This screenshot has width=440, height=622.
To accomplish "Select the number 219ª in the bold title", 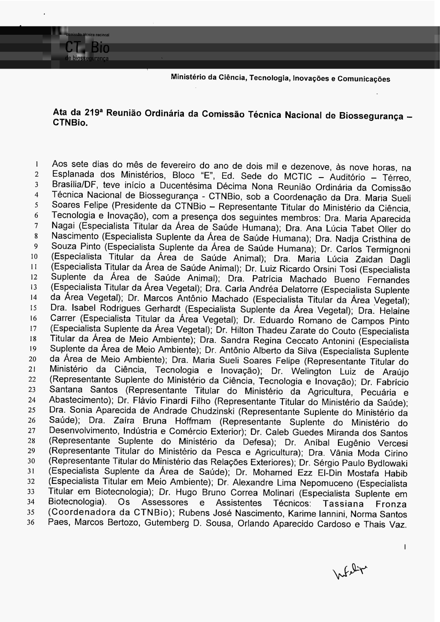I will [94, 113].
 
